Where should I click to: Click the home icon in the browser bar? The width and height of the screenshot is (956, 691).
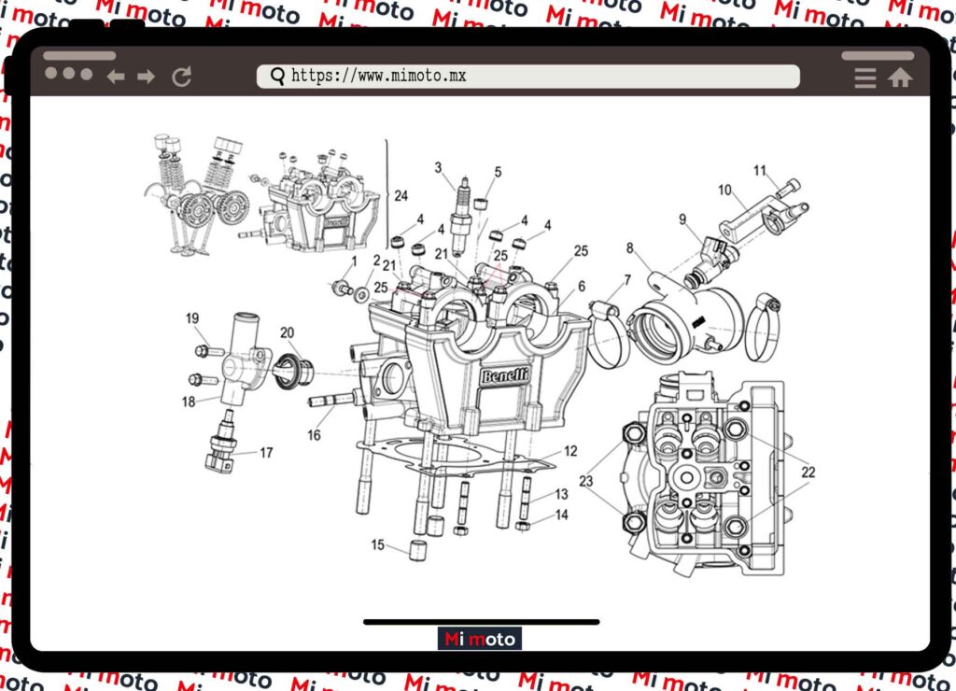(x=900, y=78)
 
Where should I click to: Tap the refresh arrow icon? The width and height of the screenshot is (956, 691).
(x=182, y=77)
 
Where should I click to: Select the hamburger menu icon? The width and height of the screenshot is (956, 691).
(x=865, y=78)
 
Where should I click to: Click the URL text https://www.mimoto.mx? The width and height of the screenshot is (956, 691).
(x=378, y=76)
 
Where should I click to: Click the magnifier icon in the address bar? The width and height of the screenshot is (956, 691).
(x=277, y=76)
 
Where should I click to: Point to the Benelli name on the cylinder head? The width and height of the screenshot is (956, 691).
(x=504, y=376)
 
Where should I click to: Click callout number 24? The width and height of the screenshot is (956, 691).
(x=401, y=196)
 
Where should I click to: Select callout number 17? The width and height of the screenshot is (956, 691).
(x=266, y=453)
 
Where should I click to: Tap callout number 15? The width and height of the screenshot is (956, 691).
(x=378, y=544)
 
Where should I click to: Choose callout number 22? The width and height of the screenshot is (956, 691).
(x=808, y=472)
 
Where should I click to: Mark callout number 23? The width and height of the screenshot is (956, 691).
(x=585, y=482)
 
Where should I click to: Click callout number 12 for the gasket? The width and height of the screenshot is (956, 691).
(x=570, y=452)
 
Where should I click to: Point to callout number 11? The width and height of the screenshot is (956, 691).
(x=760, y=170)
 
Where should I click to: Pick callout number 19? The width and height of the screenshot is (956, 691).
(x=192, y=318)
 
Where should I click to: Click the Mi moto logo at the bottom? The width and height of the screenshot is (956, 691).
(x=480, y=640)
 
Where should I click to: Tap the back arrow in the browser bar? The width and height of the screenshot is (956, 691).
(x=116, y=77)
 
